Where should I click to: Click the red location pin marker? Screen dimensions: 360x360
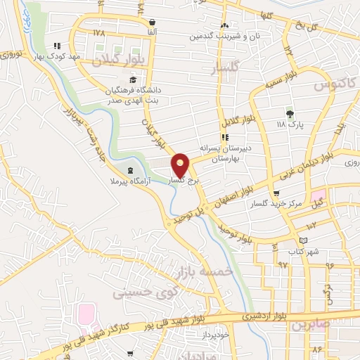coord(181,165)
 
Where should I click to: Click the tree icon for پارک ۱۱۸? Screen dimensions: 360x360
coord(290,113)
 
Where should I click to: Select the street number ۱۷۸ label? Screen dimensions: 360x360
coord(98,32)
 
